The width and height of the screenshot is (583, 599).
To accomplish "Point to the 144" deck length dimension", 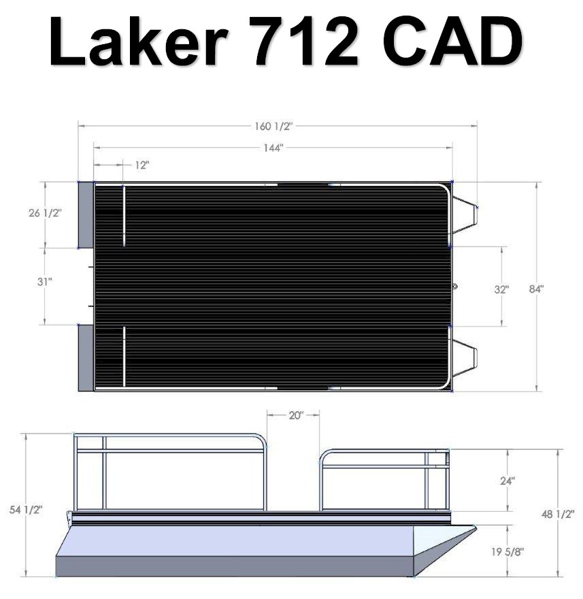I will point(272,148).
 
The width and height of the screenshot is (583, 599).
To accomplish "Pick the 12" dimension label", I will point(141,165).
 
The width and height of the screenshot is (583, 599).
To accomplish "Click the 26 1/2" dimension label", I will point(45,212).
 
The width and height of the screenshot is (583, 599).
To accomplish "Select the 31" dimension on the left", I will point(45,280).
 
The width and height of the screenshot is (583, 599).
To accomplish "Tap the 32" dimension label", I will point(501,289).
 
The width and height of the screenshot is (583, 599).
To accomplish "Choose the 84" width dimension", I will point(537,289).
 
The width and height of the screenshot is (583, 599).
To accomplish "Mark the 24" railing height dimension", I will point(507,480).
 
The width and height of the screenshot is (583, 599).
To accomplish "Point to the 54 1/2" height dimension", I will point(26,509).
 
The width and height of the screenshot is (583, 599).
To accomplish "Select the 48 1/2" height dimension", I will point(558,514).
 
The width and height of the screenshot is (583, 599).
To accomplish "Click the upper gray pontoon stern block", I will point(86,214).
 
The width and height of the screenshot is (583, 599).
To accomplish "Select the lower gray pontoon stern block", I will point(86,357).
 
